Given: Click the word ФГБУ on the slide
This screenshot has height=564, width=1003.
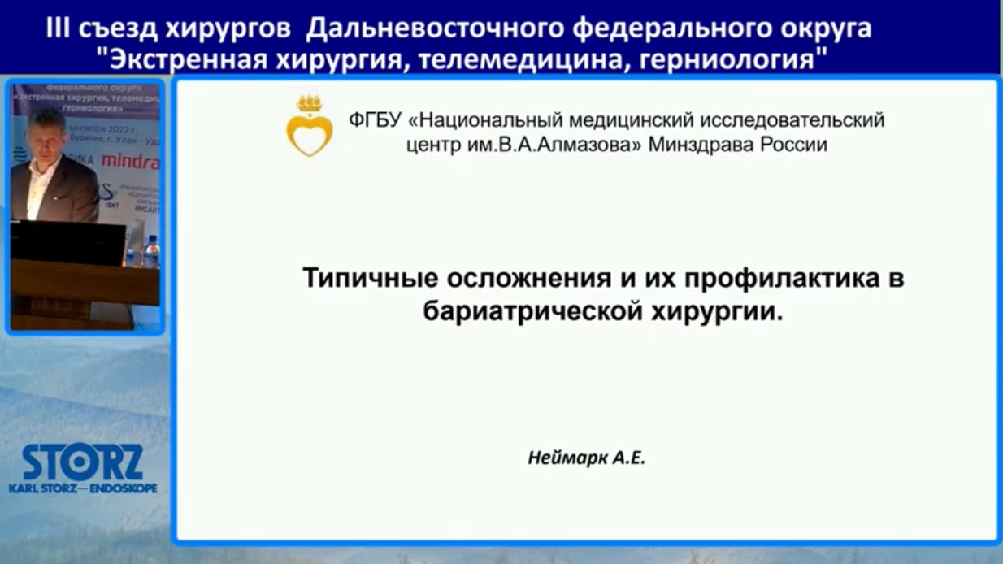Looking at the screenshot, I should click(x=375, y=120).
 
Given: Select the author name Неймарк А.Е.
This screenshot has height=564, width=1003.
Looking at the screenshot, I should click(x=585, y=458).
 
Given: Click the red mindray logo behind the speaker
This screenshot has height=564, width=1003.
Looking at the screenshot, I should click(x=130, y=161).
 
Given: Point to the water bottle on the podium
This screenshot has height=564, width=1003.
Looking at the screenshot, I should click(x=151, y=251).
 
